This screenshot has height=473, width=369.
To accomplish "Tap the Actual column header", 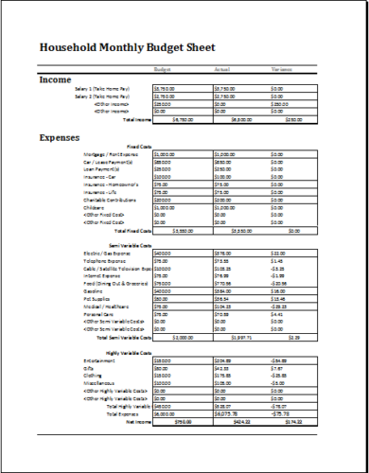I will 224,69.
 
